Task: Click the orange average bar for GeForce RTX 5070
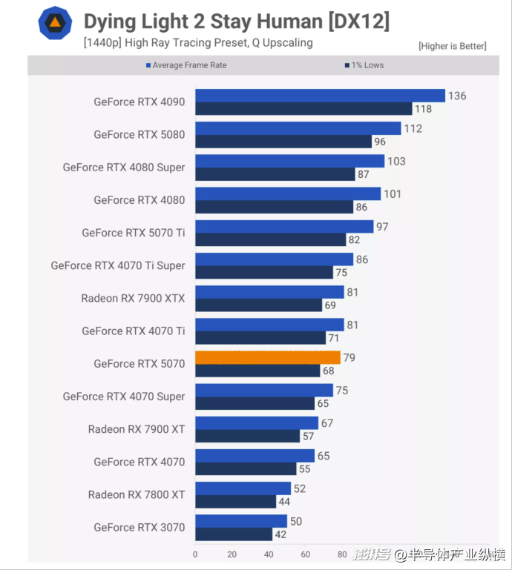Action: click(267, 357)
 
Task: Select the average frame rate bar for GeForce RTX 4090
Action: click(320, 96)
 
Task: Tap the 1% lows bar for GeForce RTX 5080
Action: click(283, 142)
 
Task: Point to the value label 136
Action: click(457, 96)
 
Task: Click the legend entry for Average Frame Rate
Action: click(186, 65)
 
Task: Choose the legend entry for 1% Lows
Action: click(364, 65)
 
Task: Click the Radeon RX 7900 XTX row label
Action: click(133, 299)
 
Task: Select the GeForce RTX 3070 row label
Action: click(139, 528)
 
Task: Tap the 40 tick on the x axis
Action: click(269, 554)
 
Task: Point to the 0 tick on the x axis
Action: click(195, 554)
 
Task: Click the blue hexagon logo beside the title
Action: click(55, 24)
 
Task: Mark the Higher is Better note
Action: click(452, 46)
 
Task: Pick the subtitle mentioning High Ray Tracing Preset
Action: click(198, 43)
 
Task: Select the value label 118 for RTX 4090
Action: click(424, 109)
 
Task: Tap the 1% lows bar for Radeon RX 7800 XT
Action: click(235, 502)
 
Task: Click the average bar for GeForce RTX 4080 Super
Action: click(289, 161)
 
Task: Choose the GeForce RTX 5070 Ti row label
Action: click(134, 233)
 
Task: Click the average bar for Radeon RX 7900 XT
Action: click(256, 422)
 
